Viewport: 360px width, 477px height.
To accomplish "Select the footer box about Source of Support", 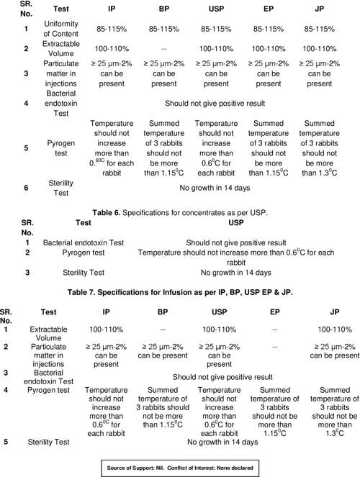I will click(179, 468).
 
